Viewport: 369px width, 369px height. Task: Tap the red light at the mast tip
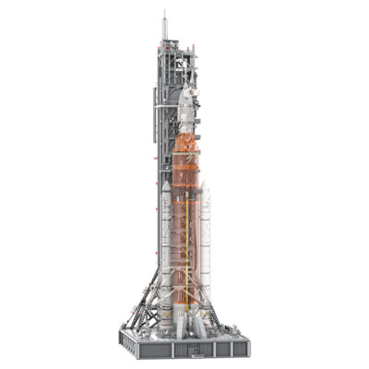(x=164, y=13)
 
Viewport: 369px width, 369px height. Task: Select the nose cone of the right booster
(x=205, y=193)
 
